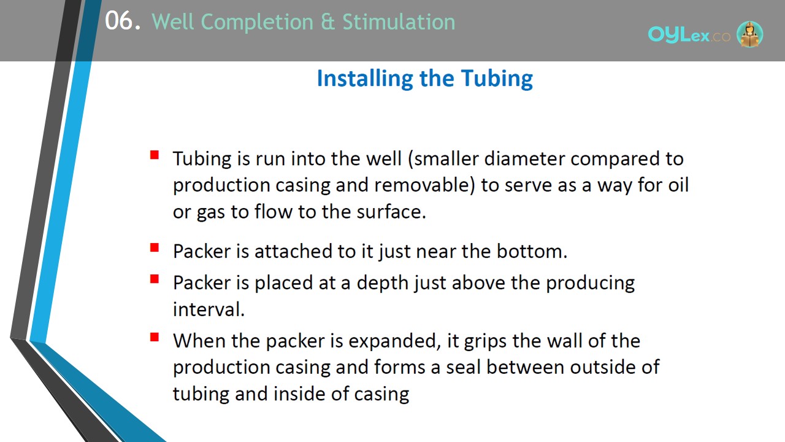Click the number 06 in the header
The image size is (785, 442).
point(118,21)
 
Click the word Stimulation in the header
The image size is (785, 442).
point(399,21)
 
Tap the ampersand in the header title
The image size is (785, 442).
point(327,21)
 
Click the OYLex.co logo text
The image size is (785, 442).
point(689,35)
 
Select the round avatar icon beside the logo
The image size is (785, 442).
point(749,34)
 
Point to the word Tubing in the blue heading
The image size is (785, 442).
point(497,79)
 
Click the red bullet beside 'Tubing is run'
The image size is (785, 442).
point(155,155)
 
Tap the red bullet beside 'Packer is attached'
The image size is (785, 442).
point(155,247)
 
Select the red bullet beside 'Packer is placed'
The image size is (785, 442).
point(155,279)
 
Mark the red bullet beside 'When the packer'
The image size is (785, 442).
point(155,337)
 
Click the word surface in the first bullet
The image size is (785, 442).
point(391,212)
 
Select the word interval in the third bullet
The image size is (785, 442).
point(209,309)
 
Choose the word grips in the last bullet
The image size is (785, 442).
point(485,341)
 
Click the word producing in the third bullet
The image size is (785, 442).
point(590,283)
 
